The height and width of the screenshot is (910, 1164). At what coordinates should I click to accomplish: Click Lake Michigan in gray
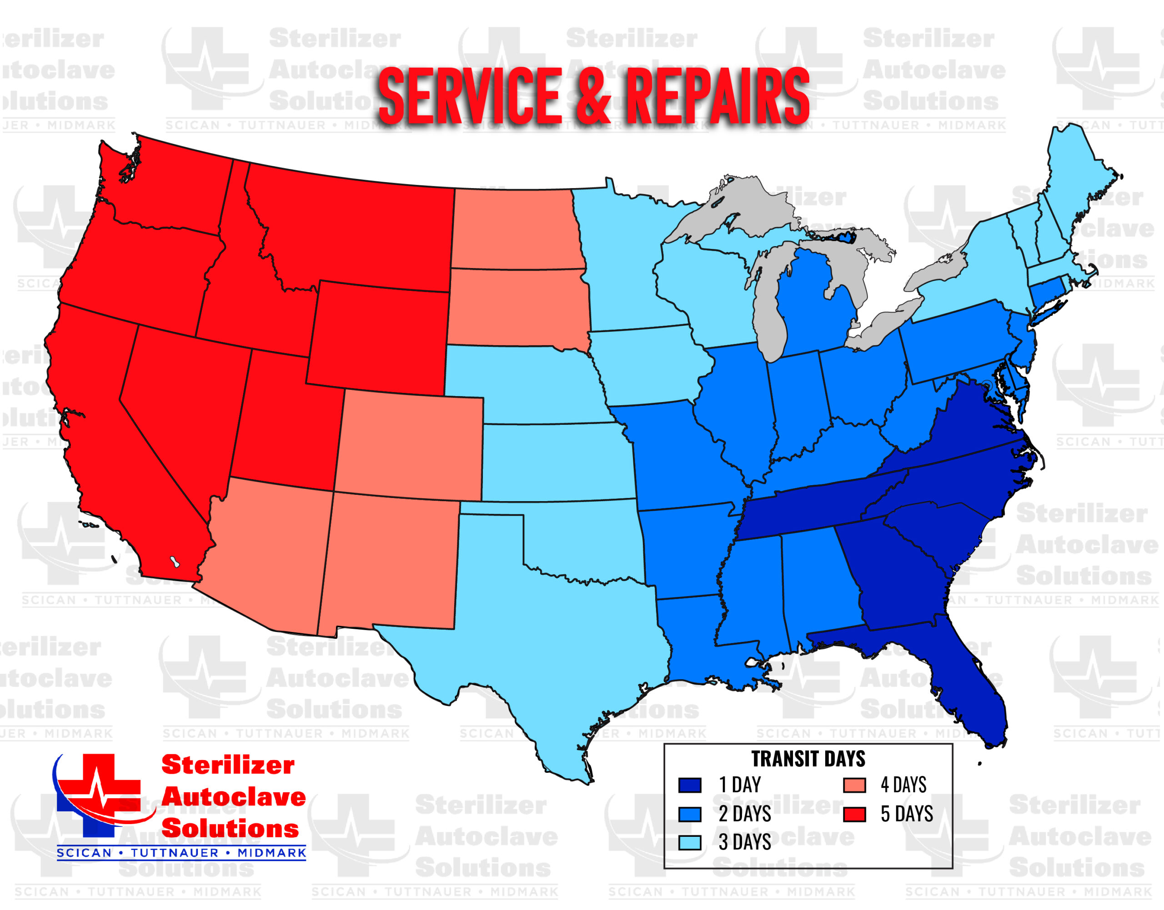768,309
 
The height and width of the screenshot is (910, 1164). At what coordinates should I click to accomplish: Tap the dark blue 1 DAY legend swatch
689,786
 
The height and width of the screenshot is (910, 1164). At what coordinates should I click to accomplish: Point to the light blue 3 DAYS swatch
689,842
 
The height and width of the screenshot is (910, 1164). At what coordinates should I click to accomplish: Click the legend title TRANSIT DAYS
808,759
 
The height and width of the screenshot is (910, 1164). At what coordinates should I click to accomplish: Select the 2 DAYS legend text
744,814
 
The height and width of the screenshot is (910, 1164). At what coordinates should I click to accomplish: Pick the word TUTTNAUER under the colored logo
175,853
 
